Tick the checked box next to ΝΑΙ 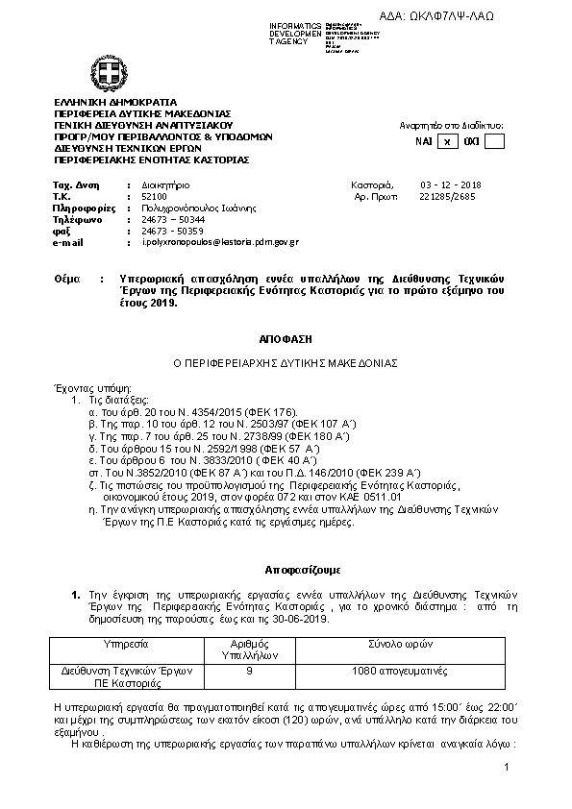click(447, 142)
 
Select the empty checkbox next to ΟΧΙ click(494, 142)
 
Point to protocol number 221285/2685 click(447, 195)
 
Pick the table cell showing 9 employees click(249, 670)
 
